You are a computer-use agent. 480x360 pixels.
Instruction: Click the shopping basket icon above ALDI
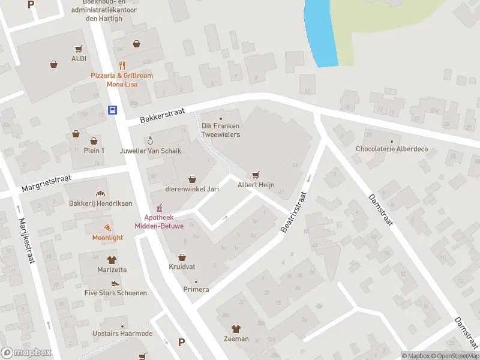[x=79, y=49]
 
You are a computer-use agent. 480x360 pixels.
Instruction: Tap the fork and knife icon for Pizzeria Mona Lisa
[x=122, y=65]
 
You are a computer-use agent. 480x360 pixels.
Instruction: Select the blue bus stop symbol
[x=112, y=110]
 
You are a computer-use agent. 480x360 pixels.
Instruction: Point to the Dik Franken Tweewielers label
[x=220, y=130]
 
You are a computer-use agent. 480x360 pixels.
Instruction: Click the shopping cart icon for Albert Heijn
[x=256, y=175]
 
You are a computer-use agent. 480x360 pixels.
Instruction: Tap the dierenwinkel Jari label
[x=192, y=189]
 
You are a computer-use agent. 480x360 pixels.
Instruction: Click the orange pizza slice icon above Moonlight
[x=107, y=227]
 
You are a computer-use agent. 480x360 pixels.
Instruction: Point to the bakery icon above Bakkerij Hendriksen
[x=100, y=194]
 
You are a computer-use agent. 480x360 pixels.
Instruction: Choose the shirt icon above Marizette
[x=112, y=260]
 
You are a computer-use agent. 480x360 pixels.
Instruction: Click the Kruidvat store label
[x=183, y=266]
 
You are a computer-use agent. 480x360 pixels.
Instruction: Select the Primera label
[x=196, y=289]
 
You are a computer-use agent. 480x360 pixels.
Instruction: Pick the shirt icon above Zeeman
[x=236, y=329]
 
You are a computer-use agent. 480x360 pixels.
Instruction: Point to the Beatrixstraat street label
[x=293, y=212]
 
